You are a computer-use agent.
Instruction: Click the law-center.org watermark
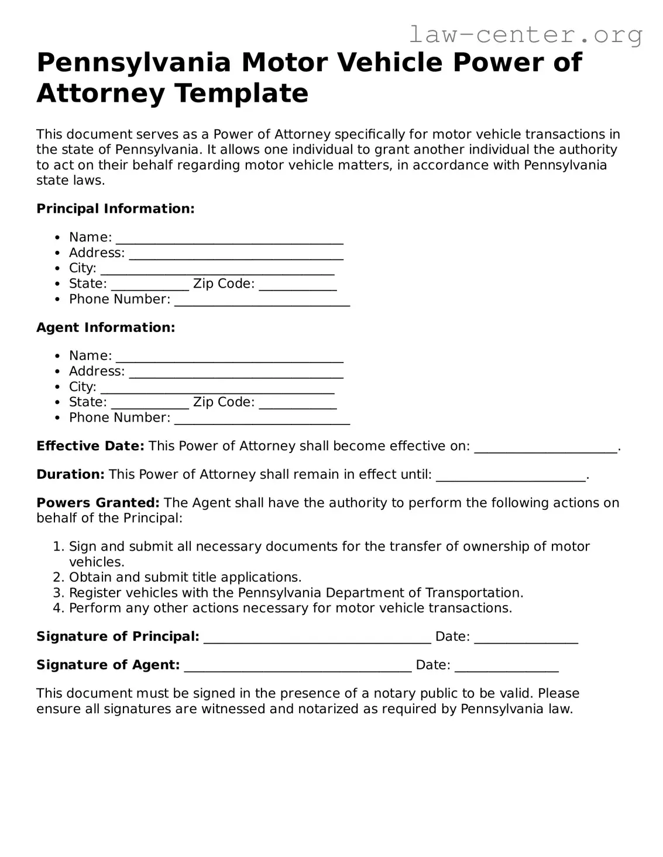pyautogui.click(x=525, y=35)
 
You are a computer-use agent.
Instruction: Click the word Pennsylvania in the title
pyautogui.click(x=133, y=63)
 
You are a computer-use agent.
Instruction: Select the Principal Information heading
pyautogui.click(x=115, y=209)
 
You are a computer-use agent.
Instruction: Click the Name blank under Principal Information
pyautogui.click(x=229, y=239)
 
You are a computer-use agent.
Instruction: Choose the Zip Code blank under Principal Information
pyautogui.click(x=297, y=285)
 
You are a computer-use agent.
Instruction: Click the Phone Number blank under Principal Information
pyautogui.click(x=262, y=300)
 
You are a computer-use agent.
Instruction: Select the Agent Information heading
pyautogui.click(x=105, y=327)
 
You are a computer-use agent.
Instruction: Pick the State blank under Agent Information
pyautogui.click(x=150, y=403)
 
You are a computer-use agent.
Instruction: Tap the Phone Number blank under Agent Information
pyautogui.click(x=262, y=419)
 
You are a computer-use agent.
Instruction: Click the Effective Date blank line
pyautogui.click(x=545, y=448)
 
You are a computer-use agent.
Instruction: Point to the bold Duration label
pyautogui.click(x=70, y=474)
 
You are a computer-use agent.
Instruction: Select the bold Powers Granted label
pyautogui.click(x=98, y=503)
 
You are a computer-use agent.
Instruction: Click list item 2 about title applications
pyautogui.click(x=185, y=577)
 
